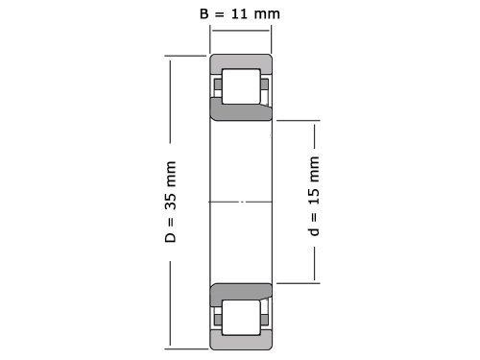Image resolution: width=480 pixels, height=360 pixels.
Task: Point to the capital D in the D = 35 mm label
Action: [x=171, y=236]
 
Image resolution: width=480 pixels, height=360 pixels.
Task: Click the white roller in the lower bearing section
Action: [x=241, y=316]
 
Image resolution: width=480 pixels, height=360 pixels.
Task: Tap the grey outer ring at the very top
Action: [x=241, y=61]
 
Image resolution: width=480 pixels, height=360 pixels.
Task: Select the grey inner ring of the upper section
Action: [x=241, y=110]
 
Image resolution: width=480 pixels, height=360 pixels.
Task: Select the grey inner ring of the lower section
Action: [x=241, y=291]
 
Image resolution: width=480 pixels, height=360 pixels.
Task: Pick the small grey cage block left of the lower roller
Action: [x=217, y=316]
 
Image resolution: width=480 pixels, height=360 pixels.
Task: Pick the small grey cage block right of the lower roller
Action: [x=265, y=316]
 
